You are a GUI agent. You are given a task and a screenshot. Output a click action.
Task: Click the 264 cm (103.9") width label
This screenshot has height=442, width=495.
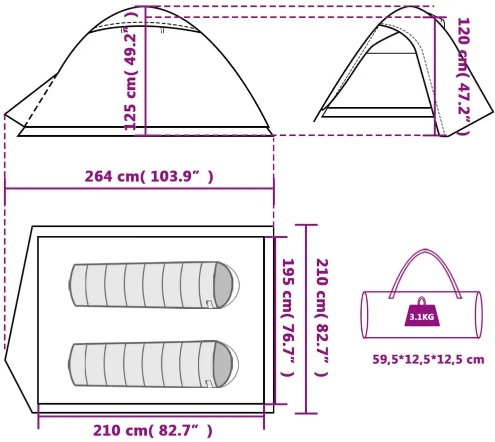(x=149, y=176)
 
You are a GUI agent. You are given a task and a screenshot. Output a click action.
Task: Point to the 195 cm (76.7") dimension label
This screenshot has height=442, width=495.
(x=288, y=318)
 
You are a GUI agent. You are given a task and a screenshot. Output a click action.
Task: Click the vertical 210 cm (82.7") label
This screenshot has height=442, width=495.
(x=322, y=318)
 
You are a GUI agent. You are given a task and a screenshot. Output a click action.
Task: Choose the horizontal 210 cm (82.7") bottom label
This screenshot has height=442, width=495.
(x=153, y=431)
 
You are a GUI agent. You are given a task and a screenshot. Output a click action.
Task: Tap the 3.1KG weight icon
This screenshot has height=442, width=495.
(x=422, y=311)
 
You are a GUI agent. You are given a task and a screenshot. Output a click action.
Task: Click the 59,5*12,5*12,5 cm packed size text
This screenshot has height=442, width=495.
(x=429, y=359)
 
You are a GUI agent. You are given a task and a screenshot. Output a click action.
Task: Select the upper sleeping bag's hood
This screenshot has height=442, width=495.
(x=225, y=285)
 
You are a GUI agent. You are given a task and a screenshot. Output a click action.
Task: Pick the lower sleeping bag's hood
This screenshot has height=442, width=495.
(x=224, y=364)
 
